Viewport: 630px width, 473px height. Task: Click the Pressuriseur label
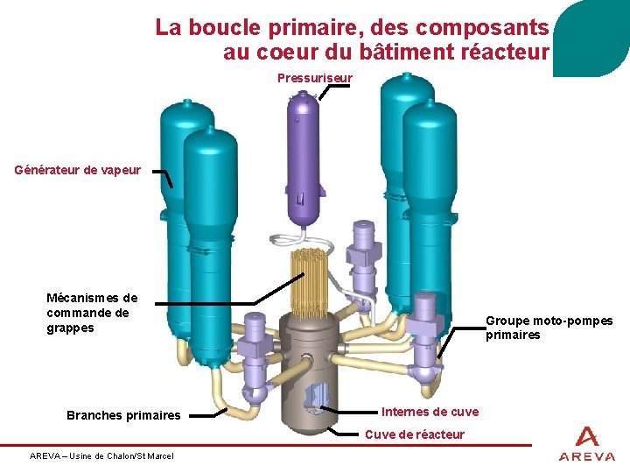[x=314, y=78]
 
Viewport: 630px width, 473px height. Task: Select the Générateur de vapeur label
[x=77, y=170]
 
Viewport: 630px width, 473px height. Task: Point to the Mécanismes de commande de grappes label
[x=92, y=313]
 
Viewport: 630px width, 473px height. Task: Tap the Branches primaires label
[x=123, y=415]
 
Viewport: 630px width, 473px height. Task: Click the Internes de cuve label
[x=430, y=412]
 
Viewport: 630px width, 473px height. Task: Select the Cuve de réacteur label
[x=414, y=434]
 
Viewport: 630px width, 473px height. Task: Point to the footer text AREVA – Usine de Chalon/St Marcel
[x=101, y=455]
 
